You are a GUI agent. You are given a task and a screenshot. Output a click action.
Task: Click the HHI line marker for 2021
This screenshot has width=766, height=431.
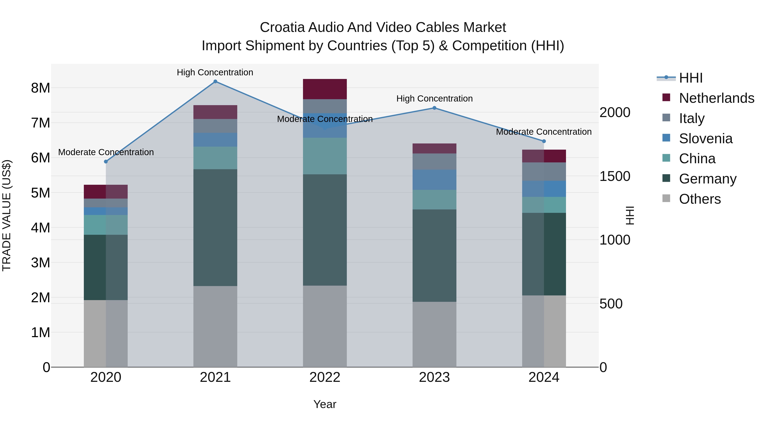pyautogui.click(x=215, y=82)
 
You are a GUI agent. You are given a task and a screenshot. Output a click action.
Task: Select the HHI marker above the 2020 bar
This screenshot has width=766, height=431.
pyautogui.click(x=106, y=162)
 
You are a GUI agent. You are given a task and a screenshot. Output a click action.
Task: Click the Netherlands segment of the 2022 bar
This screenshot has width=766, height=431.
pyautogui.click(x=325, y=89)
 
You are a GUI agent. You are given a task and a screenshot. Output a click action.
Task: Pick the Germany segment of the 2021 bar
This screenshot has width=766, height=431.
pyautogui.click(x=215, y=228)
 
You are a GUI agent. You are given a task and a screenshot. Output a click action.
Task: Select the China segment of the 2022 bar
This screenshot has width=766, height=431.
pyautogui.click(x=325, y=156)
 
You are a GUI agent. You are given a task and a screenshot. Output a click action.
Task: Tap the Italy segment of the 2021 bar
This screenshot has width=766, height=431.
pyautogui.click(x=215, y=126)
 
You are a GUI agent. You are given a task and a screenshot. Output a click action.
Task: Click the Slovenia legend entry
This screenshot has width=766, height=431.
pyautogui.click(x=705, y=139)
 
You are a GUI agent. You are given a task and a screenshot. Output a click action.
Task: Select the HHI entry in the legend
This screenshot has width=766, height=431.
pyautogui.click(x=690, y=78)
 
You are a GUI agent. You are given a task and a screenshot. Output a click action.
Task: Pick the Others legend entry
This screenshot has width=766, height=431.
pyautogui.click(x=699, y=199)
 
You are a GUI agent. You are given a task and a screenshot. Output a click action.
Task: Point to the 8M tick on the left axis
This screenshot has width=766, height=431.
pyautogui.click(x=40, y=88)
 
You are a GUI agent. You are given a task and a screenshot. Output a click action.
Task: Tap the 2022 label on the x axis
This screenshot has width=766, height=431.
pyautogui.click(x=325, y=377)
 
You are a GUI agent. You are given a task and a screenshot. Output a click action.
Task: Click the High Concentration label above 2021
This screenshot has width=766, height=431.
pyautogui.click(x=215, y=72)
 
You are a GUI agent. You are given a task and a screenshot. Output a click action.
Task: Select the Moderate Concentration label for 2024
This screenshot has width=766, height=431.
pyautogui.click(x=544, y=132)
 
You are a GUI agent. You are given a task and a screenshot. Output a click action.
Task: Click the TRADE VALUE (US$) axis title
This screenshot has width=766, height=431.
pyautogui.click(x=7, y=215)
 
